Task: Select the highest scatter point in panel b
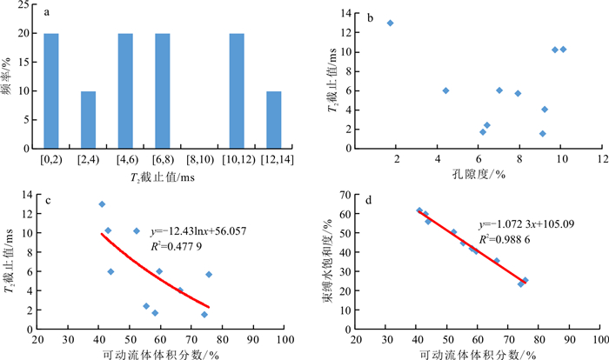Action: (x=390, y=23)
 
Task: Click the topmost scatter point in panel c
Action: (x=102, y=204)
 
